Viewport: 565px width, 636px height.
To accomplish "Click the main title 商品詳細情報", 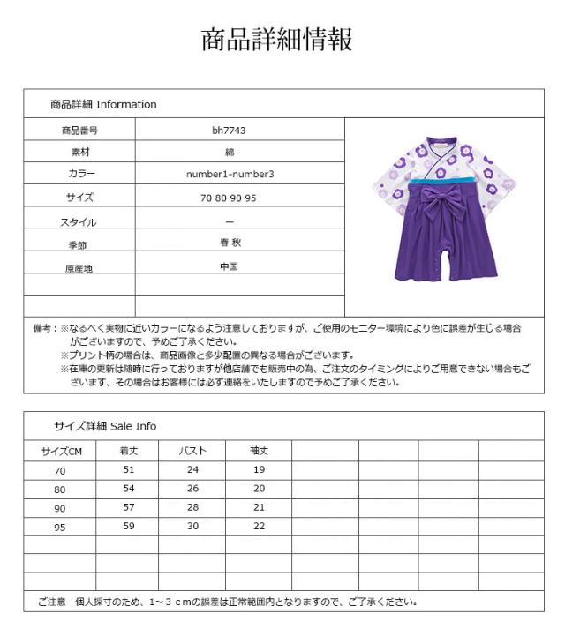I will tap(278, 40).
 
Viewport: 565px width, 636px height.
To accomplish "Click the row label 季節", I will tap(79, 244).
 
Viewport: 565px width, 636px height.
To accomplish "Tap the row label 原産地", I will tap(79, 267).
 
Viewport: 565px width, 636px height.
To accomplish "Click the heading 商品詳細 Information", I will tap(103, 104).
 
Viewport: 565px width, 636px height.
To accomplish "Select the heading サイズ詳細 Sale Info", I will tap(105, 426).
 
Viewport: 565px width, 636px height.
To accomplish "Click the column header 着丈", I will tap(129, 451).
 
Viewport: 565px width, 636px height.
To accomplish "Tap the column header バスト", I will tap(192, 451).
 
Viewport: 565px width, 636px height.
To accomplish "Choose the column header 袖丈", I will tap(259, 451).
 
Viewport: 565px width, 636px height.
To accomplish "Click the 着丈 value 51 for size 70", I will tap(129, 470).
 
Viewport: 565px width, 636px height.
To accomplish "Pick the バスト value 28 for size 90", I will tap(192, 507).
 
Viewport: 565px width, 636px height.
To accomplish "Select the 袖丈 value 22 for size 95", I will tap(259, 526).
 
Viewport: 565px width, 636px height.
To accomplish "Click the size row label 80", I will tap(60, 489).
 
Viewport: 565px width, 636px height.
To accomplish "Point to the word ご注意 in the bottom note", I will tap(51, 602).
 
